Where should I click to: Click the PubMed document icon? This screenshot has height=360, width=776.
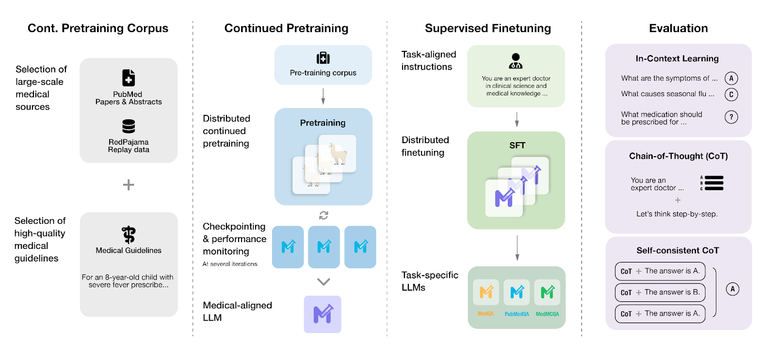tap(129, 78)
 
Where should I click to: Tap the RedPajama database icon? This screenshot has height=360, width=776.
tap(129, 127)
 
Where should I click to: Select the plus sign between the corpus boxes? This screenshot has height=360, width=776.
tap(129, 185)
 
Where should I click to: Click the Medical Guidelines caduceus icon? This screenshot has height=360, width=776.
tap(129, 234)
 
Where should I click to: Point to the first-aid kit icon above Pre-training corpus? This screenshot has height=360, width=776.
tap(323, 58)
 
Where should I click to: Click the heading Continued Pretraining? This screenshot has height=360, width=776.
tap(286, 28)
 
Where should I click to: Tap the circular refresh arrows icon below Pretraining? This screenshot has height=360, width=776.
tap(323, 215)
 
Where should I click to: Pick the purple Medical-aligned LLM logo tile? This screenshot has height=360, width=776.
tap(323, 314)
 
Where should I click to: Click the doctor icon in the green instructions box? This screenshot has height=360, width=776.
tap(516, 61)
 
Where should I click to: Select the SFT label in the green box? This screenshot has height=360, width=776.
tap(517, 146)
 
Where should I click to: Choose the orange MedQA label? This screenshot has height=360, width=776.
tap(485, 313)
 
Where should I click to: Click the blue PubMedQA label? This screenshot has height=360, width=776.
tap(517, 314)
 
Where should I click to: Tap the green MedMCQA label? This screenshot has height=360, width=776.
tap(548, 314)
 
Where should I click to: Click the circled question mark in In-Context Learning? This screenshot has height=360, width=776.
tap(731, 117)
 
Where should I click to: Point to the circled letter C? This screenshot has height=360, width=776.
tap(731, 94)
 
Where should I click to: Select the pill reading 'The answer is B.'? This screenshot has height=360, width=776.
tap(660, 293)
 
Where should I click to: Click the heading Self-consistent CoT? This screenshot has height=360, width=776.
tap(678, 250)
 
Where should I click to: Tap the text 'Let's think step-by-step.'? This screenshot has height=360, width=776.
tap(677, 214)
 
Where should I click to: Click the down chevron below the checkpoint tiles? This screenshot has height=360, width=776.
tap(323, 282)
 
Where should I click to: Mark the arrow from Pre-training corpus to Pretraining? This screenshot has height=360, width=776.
tap(323, 97)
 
